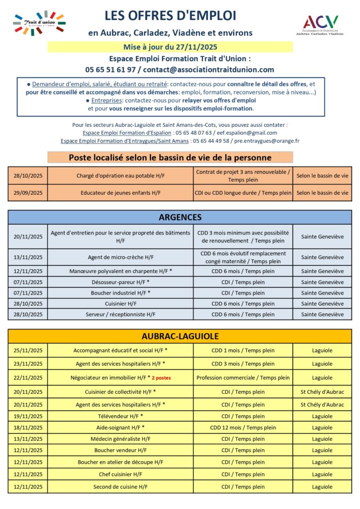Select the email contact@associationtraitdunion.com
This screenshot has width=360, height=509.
(x=207, y=70)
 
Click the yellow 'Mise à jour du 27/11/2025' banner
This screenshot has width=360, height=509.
(x=170, y=47)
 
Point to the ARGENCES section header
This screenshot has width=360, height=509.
(x=180, y=217)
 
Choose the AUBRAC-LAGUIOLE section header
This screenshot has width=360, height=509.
(x=180, y=337)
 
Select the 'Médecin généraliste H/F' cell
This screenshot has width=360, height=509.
(x=120, y=439)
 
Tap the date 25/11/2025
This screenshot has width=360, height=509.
(x=28, y=350)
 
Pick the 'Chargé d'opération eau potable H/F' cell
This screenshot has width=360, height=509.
(x=120, y=176)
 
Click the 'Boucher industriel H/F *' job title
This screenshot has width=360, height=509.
(x=120, y=293)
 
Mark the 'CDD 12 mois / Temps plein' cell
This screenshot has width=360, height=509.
(x=243, y=427)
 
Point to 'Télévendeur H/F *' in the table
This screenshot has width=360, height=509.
(x=120, y=417)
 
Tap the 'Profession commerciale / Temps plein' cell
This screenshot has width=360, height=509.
(x=243, y=378)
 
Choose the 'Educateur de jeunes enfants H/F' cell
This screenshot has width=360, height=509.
(x=120, y=193)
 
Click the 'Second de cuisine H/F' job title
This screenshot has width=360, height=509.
(x=120, y=487)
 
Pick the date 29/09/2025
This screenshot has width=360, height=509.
(x=28, y=193)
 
